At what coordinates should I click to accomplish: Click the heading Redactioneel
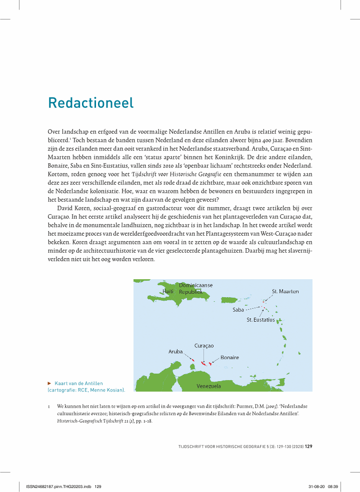90,103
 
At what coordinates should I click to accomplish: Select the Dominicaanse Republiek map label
195,288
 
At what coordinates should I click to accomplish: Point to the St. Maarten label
285,291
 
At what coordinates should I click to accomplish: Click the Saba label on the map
238,310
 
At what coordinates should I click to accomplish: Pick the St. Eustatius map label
260,319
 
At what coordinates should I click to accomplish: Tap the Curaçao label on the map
204,346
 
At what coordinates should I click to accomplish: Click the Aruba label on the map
175,352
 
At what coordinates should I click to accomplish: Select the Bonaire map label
229,358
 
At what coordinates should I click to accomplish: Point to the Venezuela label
208,386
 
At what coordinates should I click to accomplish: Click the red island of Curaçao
203,363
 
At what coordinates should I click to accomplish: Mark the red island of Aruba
192,360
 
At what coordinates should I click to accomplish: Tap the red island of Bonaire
210,363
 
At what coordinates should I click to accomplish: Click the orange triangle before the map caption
49,383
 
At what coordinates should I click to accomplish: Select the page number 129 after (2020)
308,447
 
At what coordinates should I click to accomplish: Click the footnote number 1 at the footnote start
49,407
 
